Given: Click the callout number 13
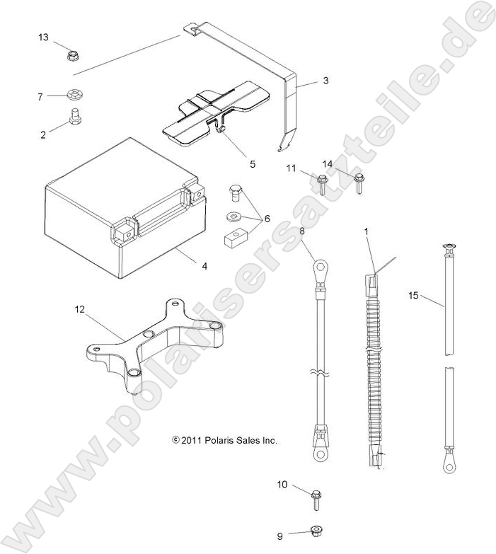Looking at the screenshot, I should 44,37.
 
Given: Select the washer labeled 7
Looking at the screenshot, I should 74,94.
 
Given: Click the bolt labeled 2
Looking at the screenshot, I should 74,117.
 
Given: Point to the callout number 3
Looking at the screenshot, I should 325,81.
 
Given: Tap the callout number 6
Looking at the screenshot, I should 266,219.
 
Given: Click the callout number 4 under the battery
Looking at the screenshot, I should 204,266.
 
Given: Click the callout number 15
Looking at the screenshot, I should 414,295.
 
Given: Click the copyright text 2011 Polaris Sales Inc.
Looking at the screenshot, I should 225,440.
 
